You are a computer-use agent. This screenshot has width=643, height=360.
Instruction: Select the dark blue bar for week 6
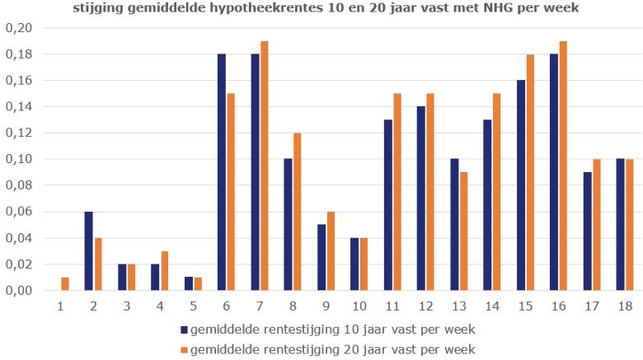(222, 172)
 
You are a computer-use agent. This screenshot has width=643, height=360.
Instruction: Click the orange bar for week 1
(64, 284)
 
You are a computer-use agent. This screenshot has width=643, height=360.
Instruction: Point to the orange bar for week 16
(562, 166)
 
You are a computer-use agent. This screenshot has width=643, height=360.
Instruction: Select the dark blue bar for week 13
(454, 225)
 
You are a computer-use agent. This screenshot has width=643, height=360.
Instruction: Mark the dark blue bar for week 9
(321, 258)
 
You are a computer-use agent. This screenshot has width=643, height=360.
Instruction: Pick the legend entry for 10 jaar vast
(330, 330)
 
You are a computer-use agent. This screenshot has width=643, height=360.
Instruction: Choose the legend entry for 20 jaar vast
(330, 348)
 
